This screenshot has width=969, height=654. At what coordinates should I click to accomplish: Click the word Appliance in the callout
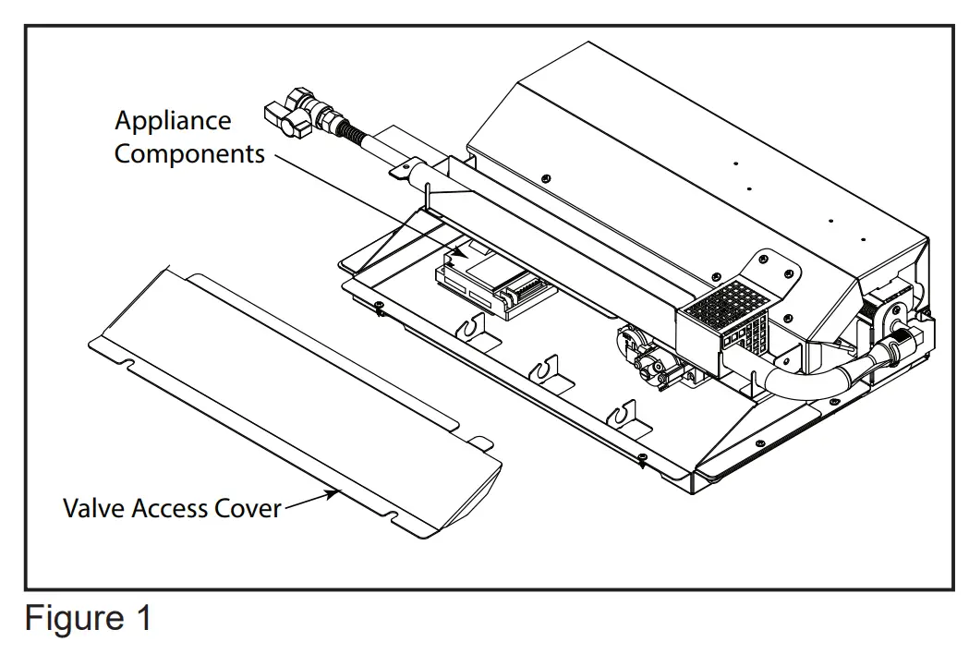tap(173, 121)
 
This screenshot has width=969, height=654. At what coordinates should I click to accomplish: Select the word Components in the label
tap(189, 153)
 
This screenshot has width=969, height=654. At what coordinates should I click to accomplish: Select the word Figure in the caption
tap(70, 618)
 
